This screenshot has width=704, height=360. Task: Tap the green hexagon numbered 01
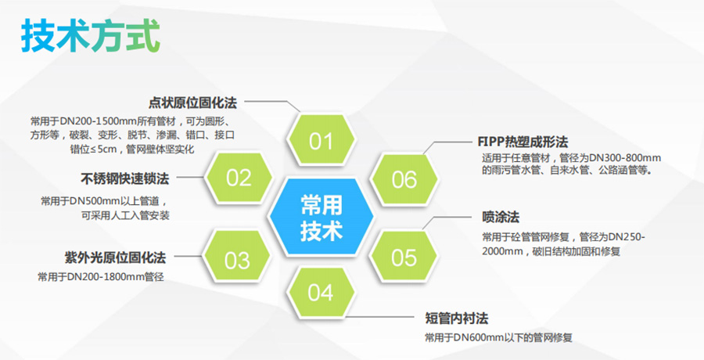(x=321, y=142)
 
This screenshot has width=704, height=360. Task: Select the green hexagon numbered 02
(x=239, y=178)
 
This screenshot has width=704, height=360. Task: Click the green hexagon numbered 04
(x=320, y=293)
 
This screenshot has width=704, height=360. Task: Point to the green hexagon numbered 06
(x=404, y=179)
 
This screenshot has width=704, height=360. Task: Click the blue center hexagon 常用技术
(x=321, y=218)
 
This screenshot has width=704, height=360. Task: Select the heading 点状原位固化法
(x=192, y=103)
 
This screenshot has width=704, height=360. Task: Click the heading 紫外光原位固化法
(x=114, y=257)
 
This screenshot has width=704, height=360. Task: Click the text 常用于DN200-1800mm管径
(x=101, y=277)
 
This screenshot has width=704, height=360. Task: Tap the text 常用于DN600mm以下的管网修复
(x=498, y=337)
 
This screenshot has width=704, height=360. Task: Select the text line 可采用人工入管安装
(x=126, y=214)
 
